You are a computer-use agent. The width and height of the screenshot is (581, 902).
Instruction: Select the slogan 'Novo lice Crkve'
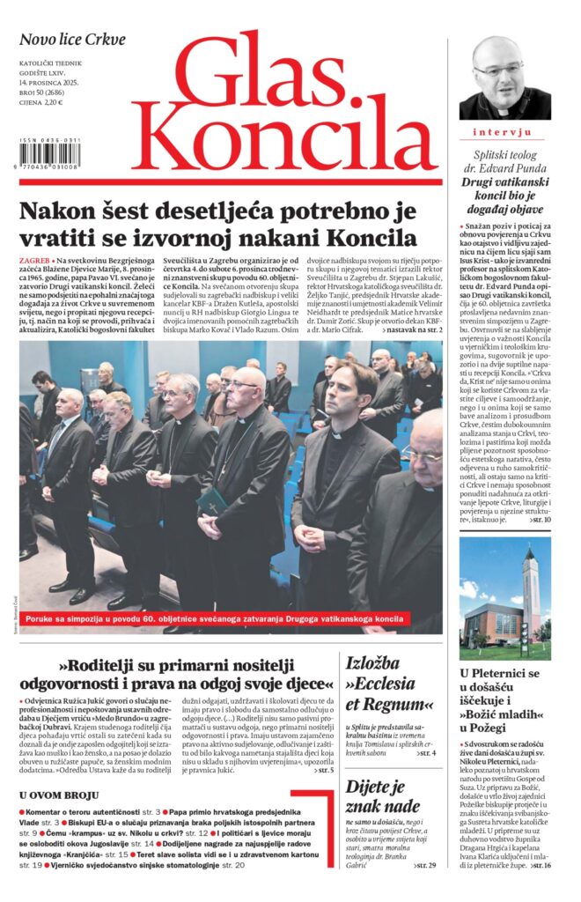coord(73,40)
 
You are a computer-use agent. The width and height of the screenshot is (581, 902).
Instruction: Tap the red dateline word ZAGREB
coord(35,262)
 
